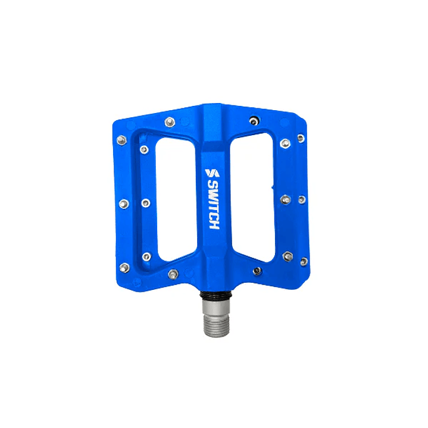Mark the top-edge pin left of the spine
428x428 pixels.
pyautogui.click(x=170, y=122)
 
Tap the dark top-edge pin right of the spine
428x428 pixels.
pyautogui.click(x=255, y=121)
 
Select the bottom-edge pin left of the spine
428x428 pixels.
pyautogui.click(x=173, y=274)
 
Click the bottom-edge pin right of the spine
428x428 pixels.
pyautogui.click(x=257, y=271)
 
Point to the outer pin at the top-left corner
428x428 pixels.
pyautogui.click(x=121, y=140)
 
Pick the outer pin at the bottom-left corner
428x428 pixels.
pyautogui.click(x=124, y=267)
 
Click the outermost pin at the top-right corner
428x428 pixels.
pyautogui.click(x=301, y=138)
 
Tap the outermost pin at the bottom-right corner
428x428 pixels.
pyautogui.click(x=304, y=261)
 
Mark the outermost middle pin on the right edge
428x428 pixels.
pyautogui.click(x=302, y=199)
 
